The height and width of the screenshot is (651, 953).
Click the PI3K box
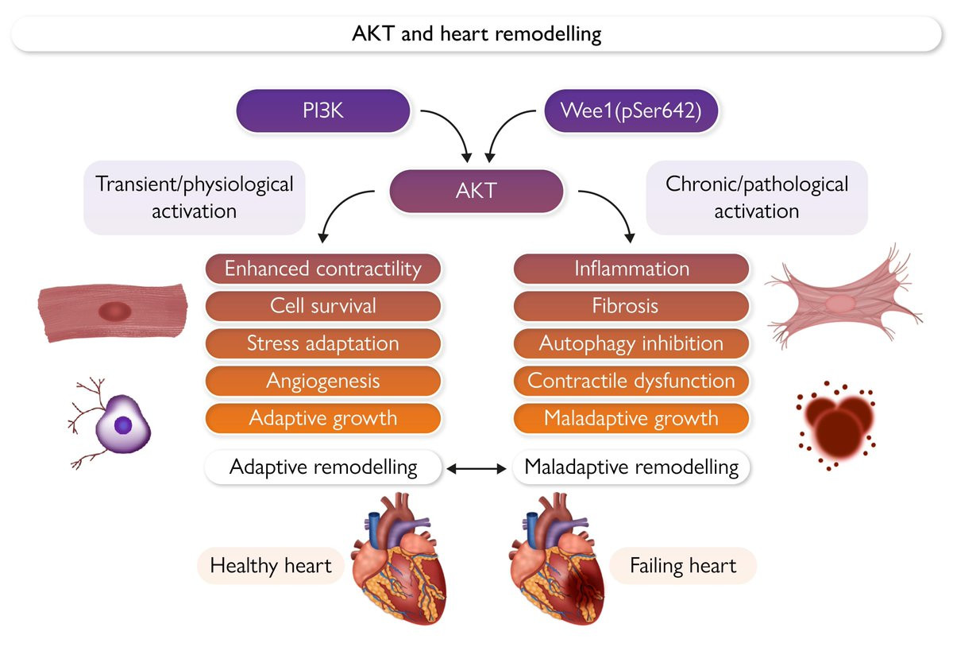click(x=323, y=110)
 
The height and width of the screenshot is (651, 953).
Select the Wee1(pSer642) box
click(x=631, y=110)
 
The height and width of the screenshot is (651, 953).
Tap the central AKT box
click(x=476, y=192)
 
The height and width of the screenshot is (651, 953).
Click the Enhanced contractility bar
click(x=323, y=269)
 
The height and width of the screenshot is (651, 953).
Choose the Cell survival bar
click(x=323, y=306)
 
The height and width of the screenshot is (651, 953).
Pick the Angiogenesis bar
click(x=323, y=381)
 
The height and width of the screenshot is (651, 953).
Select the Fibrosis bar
click(x=631, y=306)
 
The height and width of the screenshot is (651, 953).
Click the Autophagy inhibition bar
click(x=631, y=343)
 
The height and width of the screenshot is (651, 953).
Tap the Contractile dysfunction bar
click(x=631, y=381)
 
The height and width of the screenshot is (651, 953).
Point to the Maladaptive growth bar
click(x=631, y=418)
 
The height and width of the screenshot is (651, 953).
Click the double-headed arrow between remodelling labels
click(x=476, y=470)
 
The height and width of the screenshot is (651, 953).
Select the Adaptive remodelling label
click(x=323, y=467)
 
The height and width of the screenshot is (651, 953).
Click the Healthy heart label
click(x=271, y=567)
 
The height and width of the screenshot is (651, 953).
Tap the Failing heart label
click(x=683, y=567)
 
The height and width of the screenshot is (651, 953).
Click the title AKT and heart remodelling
click(x=476, y=35)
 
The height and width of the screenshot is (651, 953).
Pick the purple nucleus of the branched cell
click(x=123, y=426)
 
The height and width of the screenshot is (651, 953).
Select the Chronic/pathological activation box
click(x=756, y=197)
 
